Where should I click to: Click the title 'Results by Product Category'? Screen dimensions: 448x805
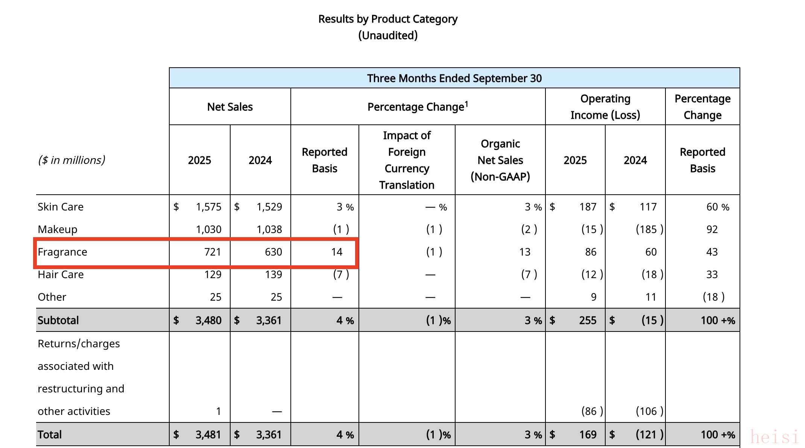coord(388,19)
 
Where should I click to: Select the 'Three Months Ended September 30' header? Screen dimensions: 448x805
coord(454,78)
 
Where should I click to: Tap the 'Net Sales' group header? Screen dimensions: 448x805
coord(230,107)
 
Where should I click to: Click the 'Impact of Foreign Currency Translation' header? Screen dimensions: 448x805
coord(407,160)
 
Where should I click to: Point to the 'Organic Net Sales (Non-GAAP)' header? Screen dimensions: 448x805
coord(500,160)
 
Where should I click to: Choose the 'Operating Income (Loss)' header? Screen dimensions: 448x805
coord(605,107)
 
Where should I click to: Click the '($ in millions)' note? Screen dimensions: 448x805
coord(71,160)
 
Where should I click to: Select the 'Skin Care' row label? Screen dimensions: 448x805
coord(61,207)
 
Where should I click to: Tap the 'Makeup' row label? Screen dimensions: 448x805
coord(58,229)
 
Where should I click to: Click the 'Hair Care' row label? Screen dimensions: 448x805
coord(61,274)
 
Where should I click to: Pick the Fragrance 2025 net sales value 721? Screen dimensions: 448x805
coord(213,252)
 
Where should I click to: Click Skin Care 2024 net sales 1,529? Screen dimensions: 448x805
coord(269,207)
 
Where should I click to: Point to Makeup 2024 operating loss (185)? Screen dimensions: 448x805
coord(649,229)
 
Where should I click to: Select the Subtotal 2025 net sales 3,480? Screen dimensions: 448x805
coord(208,320)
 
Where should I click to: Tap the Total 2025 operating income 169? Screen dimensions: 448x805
coord(588,434)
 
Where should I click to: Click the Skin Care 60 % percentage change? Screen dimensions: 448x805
coord(717,207)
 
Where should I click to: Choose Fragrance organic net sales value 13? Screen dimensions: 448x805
coord(525,252)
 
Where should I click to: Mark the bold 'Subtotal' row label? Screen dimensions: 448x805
coord(58,320)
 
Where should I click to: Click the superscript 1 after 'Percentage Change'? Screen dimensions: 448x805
coord(466,103)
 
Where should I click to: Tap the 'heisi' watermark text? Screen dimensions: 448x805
coord(774,437)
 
